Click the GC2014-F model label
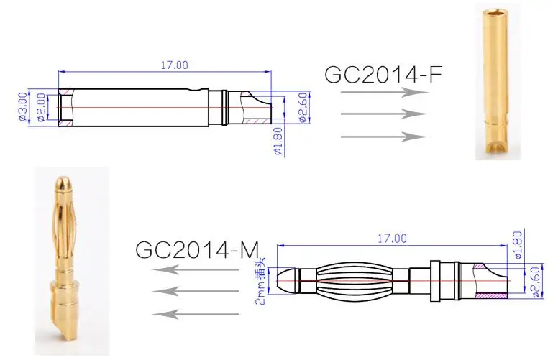point(383,74)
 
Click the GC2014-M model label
point(197,249)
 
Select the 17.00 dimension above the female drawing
point(175,65)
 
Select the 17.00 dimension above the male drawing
point(392,239)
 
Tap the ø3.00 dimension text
point(22,107)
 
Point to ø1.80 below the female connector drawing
point(278,142)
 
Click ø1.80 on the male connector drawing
point(518,245)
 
